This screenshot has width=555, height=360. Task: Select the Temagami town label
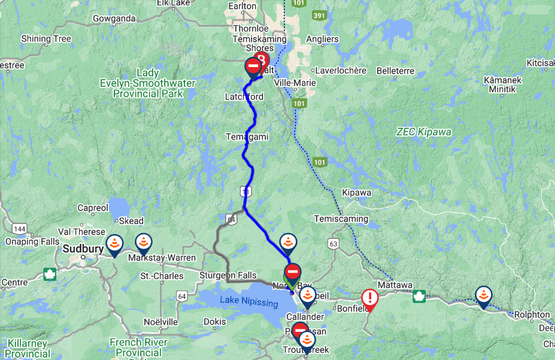[247, 137]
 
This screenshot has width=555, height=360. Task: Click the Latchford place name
[244, 97]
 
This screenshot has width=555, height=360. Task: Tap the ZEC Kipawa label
[424, 132]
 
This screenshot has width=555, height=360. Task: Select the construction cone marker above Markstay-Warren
[143, 243]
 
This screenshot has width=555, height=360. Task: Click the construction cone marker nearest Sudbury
[114, 243]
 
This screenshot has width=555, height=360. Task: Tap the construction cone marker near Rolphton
[483, 295]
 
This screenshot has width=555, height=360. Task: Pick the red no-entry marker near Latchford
[253, 65]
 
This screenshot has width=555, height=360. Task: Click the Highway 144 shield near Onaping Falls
[20, 229]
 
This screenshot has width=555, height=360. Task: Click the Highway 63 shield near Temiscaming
[333, 243]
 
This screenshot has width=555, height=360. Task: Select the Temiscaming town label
[341, 219]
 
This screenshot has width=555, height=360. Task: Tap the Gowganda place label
[114, 18]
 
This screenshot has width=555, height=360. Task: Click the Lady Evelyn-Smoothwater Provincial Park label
[147, 83]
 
